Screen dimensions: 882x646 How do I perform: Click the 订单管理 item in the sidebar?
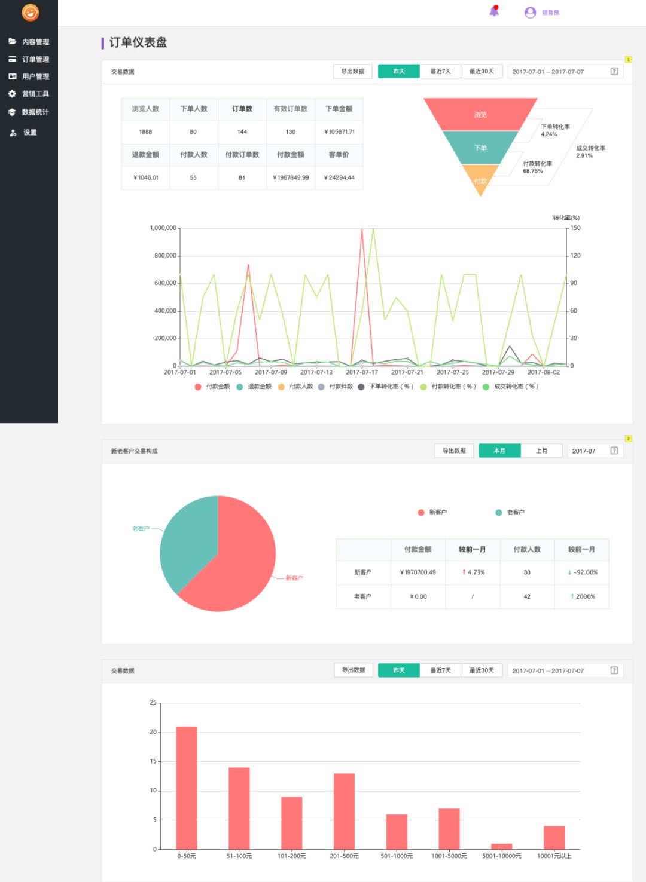(x=35, y=59)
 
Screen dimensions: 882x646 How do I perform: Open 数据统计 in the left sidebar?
(x=35, y=112)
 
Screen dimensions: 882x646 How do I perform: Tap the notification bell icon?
(x=494, y=11)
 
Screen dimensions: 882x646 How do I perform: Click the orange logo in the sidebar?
(x=30, y=12)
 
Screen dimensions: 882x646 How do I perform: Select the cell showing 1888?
(x=145, y=131)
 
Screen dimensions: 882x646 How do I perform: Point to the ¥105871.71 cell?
(x=339, y=131)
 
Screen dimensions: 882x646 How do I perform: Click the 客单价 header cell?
(x=339, y=155)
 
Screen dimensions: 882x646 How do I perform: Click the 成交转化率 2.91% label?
(x=590, y=151)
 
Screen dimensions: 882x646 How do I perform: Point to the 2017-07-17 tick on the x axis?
(x=362, y=372)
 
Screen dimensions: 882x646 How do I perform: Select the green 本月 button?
(x=499, y=451)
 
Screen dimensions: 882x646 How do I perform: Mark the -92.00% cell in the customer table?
(x=582, y=572)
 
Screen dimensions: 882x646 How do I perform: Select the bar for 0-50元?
(x=187, y=788)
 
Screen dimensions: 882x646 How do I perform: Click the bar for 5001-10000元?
(x=502, y=846)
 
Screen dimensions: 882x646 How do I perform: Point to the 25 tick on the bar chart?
(x=153, y=703)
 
